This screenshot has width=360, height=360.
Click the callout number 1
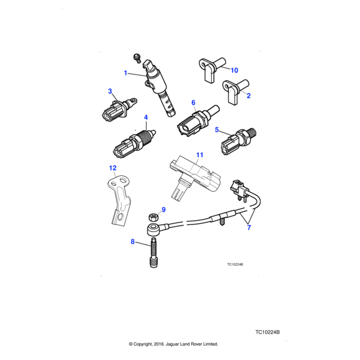[x=126, y=73]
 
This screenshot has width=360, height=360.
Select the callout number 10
[x=234, y=70]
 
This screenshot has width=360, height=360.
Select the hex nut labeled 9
[x=154, y=217]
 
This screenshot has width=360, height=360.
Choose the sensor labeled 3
[x=114, y=109]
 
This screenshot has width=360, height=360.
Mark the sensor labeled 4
[x=133, y=143]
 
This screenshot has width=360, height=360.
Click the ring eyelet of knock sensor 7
[x=153, y=229]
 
